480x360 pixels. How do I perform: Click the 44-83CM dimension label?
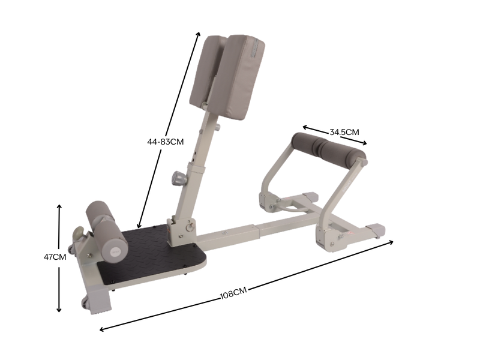pos(165,142)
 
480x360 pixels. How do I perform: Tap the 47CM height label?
pos(55,257)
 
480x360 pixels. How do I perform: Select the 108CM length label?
pos(233,293)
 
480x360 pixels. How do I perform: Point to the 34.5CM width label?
pos(344,131)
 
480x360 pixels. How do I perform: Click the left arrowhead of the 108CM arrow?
pos(101,329)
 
